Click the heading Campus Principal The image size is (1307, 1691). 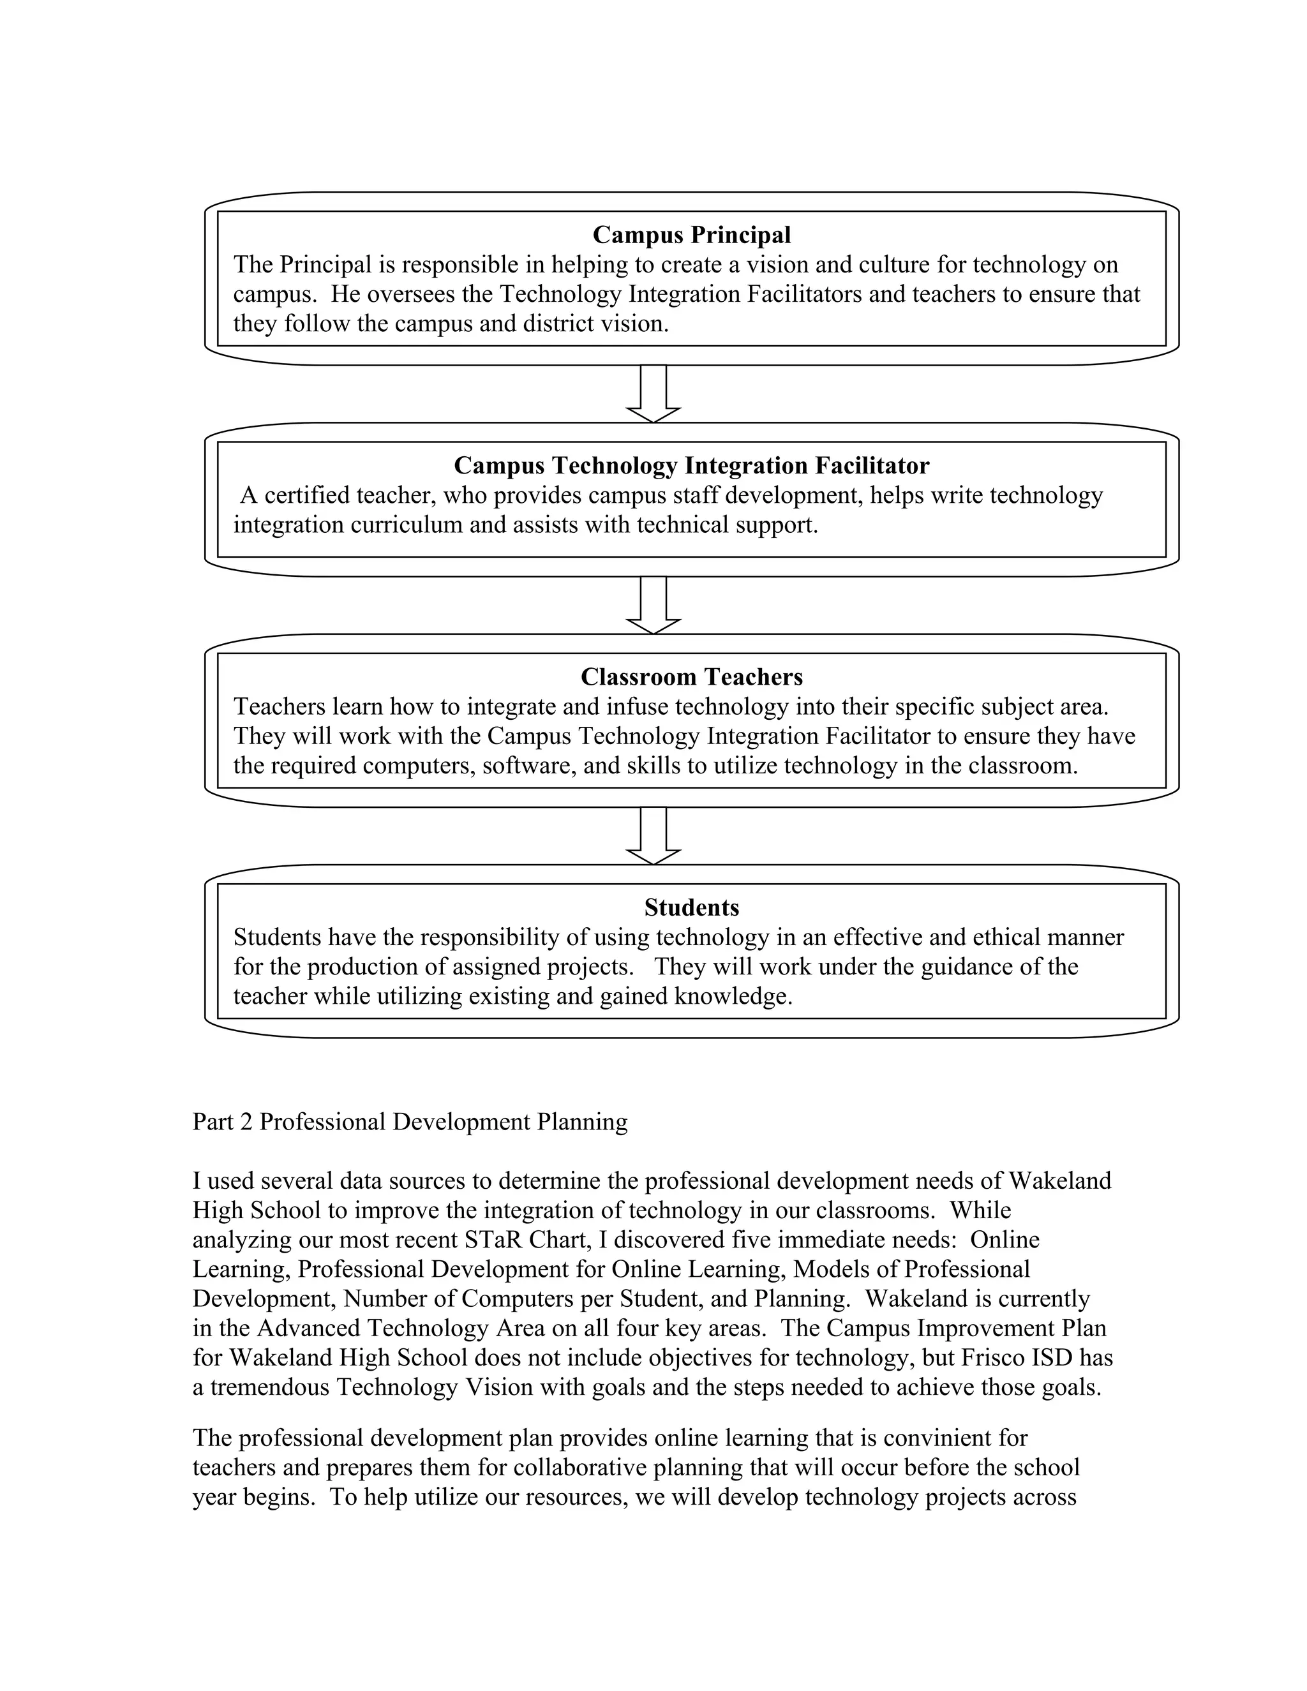tap(691, 235)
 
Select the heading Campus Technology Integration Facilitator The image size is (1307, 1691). tap(691, 465)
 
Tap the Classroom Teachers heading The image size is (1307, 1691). tap(691, 676)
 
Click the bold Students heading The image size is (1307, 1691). tap(691, 907)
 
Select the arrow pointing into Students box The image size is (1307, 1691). tap(653, 835)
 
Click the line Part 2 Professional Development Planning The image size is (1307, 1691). tap(410, 1122)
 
